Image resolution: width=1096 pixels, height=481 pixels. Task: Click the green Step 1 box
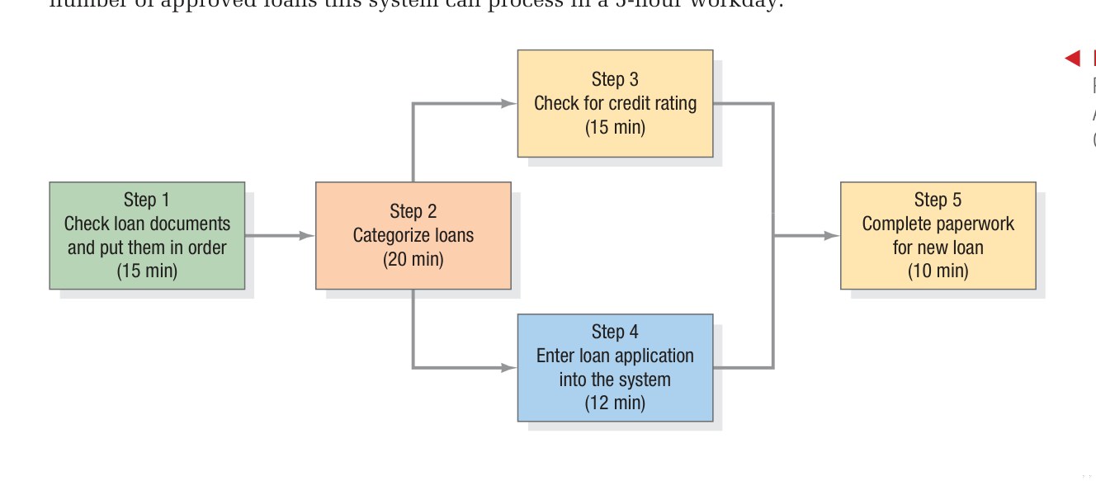147,235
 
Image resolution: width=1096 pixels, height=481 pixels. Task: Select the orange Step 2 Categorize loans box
413,235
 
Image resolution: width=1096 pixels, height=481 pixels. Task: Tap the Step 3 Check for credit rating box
615,103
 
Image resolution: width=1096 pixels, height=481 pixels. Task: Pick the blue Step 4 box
615,367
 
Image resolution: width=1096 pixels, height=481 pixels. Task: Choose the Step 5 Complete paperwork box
938,235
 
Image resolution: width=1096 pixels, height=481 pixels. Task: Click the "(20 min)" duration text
413,259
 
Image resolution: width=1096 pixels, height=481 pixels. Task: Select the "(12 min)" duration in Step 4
615,403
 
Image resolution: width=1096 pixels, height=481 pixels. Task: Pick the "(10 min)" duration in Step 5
938,271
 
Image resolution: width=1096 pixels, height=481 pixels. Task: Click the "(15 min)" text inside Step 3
615,127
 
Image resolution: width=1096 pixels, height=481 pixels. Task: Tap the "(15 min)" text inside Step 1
147,271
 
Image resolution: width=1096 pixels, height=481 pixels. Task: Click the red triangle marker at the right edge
1072,58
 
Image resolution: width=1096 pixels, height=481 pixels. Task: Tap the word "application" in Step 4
651,356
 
